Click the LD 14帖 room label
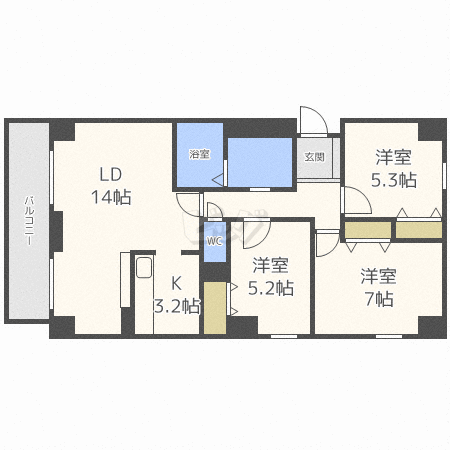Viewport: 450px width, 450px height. (x=111, y=186)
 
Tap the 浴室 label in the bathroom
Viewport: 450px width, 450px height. (x=199, y=154)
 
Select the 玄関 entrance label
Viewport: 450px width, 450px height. (x=314, y=157)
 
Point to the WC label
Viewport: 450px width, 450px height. (x=214, y=241)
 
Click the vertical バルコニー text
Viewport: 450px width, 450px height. (x=29, y=220)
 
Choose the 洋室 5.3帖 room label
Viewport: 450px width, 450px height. (x=394, y=169)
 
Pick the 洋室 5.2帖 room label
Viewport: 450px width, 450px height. (x=270, y=277)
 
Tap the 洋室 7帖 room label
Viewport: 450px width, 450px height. (x=379, y=287)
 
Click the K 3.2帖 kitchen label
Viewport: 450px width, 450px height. (x=177, y=295)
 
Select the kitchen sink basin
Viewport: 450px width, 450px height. (x=144, y=267)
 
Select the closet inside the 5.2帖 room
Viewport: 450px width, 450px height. (x=215, y=308)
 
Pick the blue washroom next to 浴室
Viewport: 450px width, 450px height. (x=260, y=162)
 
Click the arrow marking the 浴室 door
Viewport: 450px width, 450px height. (x=218, y=180)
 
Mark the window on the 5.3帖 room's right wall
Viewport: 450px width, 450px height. (x=444, y=176)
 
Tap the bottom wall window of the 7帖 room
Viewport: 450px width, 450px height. (x=389, y=336)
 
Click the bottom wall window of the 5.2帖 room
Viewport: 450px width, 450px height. (x=284, y=336)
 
